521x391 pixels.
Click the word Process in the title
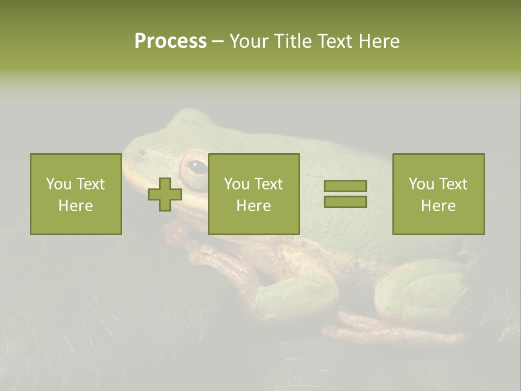click(x=170, y=41)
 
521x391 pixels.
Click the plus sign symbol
click(x=165, y=194)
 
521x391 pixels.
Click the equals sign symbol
click(x=345, y=194)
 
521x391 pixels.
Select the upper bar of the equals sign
click(x=345, y=186)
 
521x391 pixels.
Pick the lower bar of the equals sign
click(x=345, y=201)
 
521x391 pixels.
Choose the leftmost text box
click(x=76, y=194)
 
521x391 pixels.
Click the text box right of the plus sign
click(x=253, y=194)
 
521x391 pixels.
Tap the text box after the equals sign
click(x=439, y=194)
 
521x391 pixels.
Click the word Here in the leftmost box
click(x=75, y=206)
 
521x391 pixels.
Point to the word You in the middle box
click(x=237, y=184)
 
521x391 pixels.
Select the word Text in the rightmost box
click(x=452, y=184)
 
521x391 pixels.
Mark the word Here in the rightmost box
click(x=438, y=206)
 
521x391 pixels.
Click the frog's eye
click(x=198, y=167)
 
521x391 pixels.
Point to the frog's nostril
click(x=142, y=153)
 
